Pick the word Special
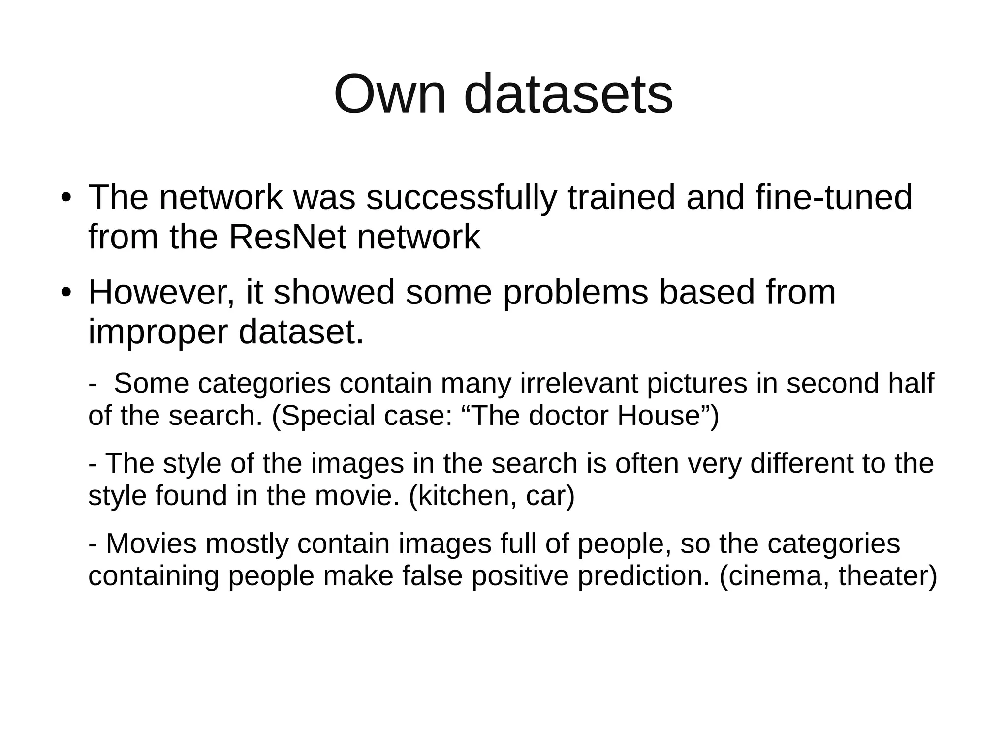point(327,416)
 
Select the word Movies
point(151,544)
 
